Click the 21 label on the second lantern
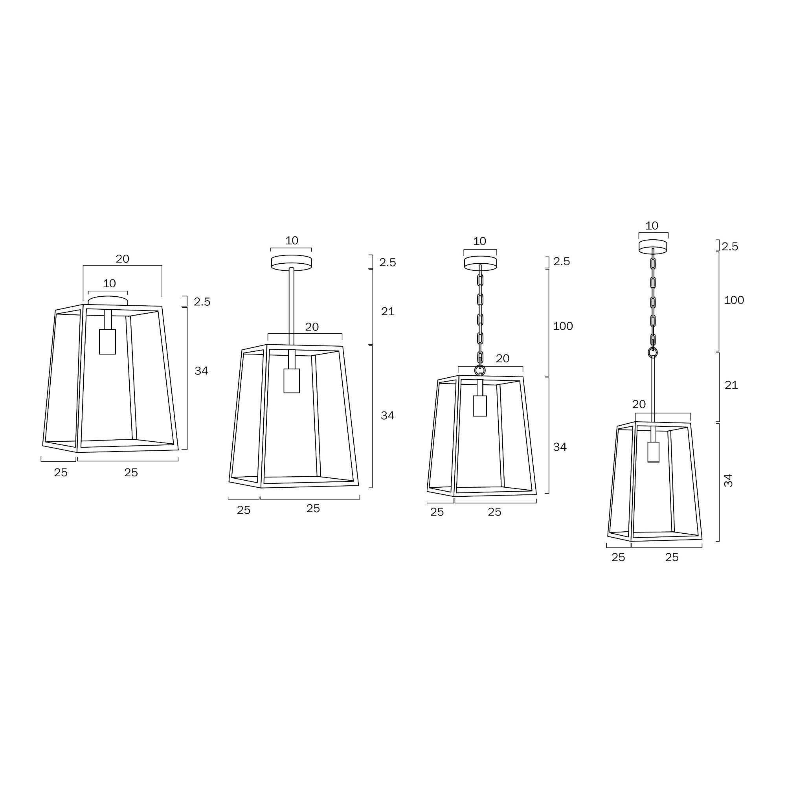coord(387,312)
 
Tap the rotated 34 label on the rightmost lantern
coord(728,480)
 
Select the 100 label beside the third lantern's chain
coord(563,326)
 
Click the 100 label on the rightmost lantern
coord(733,300)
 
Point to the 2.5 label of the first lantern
coord(202,302)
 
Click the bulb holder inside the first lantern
coord(107,342)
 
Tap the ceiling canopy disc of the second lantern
coord(291,263)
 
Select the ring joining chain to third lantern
coord(480,370)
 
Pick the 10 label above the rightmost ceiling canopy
coord(651,226)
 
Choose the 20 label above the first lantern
coord(122,259)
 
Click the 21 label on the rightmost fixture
coord(731,385)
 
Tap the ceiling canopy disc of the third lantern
coord(481,263)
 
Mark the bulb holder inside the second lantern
coord(291,380)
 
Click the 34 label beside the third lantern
coord(560,447)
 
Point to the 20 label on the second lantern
coord(312,327)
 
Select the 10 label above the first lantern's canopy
coord(109,283)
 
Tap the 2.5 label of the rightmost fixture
coord(729,246)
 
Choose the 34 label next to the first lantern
coord(201,371)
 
